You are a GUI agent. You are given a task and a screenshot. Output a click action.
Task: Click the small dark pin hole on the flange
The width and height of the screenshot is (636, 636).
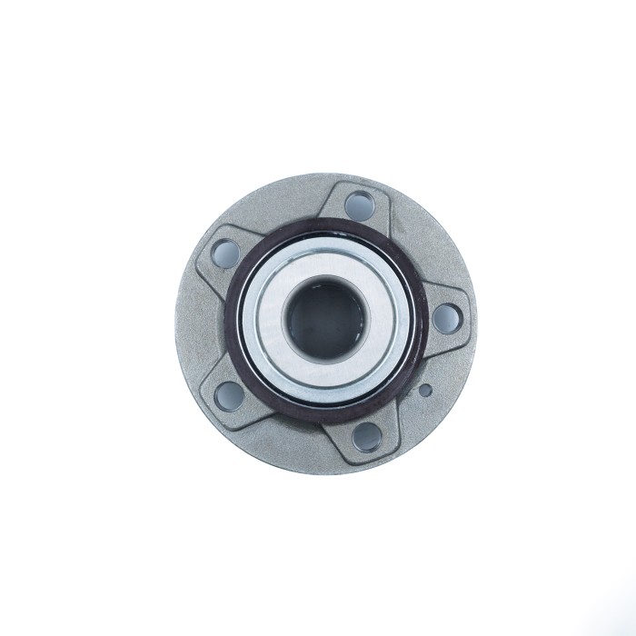423,390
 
